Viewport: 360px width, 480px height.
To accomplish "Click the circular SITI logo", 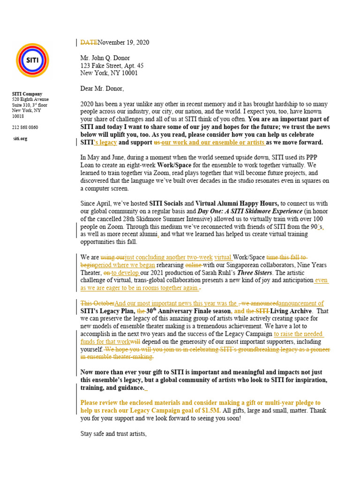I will tap(32, 60).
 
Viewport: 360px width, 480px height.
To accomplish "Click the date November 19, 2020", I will tap(123, 43).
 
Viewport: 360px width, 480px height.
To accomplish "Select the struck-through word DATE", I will tap(89, 43).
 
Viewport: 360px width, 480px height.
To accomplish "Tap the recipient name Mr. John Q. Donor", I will tap(105, 58).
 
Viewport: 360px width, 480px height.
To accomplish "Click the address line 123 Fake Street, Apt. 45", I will tap(112, 66).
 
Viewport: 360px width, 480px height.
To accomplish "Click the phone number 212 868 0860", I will tap(25, 127).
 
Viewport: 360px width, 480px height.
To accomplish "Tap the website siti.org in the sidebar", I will tap(21, 139).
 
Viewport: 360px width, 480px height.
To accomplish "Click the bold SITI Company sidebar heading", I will tap(27, 94).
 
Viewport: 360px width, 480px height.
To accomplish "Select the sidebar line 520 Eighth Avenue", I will tap(30, 99).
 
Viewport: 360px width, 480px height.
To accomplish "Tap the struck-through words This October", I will tap(97, 303).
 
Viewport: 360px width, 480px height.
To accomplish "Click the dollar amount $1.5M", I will tap(204, 410).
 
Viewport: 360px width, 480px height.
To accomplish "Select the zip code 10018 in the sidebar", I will tap(18, 116).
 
